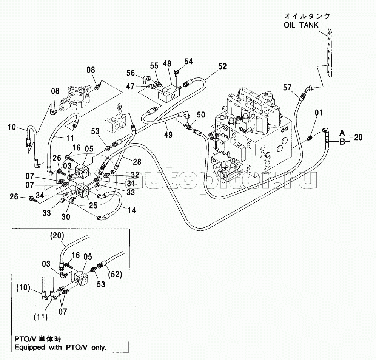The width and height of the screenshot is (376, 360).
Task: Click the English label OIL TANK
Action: (x=301, y=25)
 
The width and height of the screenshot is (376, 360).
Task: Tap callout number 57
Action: (x=287, y=88)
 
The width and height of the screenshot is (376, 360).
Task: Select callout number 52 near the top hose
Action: (x=222, y=66)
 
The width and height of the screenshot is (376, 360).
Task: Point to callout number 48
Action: (x=167, y=64)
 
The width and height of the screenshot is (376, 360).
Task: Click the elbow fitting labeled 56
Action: (x=146, y=78)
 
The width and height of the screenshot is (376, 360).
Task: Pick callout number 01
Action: (x=319, y=113)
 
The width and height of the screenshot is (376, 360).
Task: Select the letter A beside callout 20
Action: (x=342, y=133)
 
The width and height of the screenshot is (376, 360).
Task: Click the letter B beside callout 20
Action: (x=342, y=142)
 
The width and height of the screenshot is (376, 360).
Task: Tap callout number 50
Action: (x=201, y=115)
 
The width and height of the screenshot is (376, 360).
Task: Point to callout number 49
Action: (x=168, y=134)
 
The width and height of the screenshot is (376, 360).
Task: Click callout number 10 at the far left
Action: (x=11, y=127)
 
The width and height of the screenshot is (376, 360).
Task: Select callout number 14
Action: (x=132, y=210)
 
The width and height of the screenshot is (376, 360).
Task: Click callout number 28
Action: (x=137, y=162)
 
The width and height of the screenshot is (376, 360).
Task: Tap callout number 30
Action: (x=66, y=217)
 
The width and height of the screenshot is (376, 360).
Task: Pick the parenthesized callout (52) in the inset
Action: (x=116, y=274)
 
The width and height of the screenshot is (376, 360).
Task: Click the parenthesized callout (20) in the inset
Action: (x=57, y=236)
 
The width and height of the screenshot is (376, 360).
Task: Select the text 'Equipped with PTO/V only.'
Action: (x=60, y=347)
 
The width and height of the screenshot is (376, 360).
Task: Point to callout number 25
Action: (x=93, y=205)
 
